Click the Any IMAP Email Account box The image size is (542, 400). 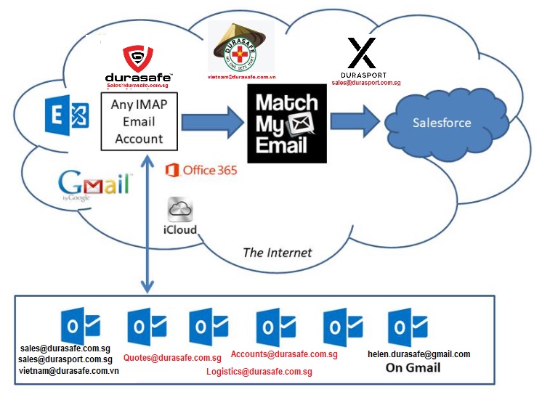(x=139, y=121)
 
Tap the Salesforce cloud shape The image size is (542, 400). (x=442, y=122)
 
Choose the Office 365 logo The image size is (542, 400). (x=201, y=170)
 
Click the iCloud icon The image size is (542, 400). (x=179, y=216)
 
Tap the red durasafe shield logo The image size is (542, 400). (x=137, y=57)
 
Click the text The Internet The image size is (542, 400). (x=277, y=253)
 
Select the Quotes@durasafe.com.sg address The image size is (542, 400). (x=172, y=358)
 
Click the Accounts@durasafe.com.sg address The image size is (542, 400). (x=284, y=354)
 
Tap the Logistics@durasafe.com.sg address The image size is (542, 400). (x=259, y=372)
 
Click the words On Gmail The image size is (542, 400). (x=413, y=367)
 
